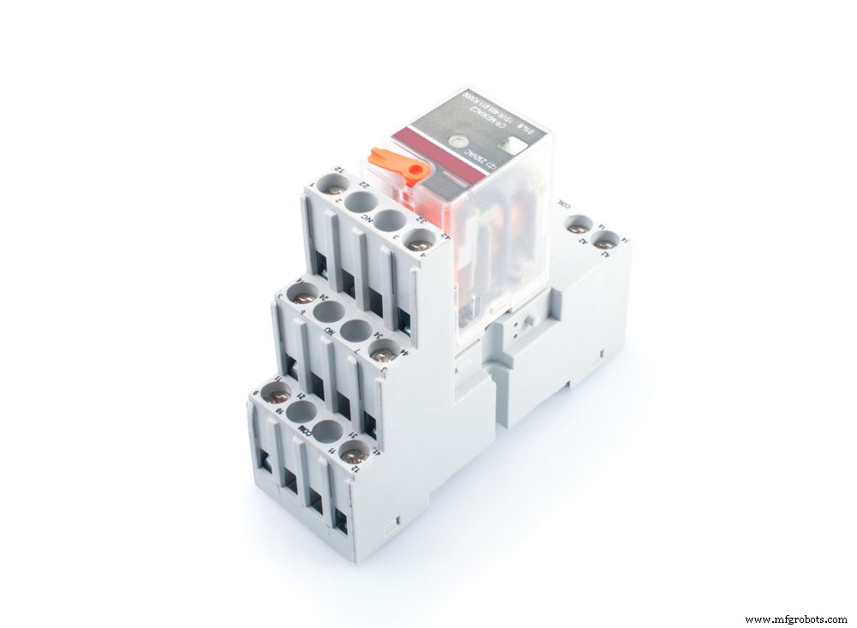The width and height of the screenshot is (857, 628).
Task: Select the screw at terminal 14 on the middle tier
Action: pyautogui.click(x=303, y=295)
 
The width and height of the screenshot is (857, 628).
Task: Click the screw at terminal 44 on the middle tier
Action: pyautogui.click(x=382, y=350)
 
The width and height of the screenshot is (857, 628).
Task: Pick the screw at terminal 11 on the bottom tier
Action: pyautogui.click(x=278, y=395)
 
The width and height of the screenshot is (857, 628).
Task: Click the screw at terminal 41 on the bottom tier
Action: pyautogui.click(x=351, y=455)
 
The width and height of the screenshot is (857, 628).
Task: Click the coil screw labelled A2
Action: pyautogui.click(x=578, y=229)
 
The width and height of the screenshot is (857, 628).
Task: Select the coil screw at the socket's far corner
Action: pyautogui.click(x=606, y=242)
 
